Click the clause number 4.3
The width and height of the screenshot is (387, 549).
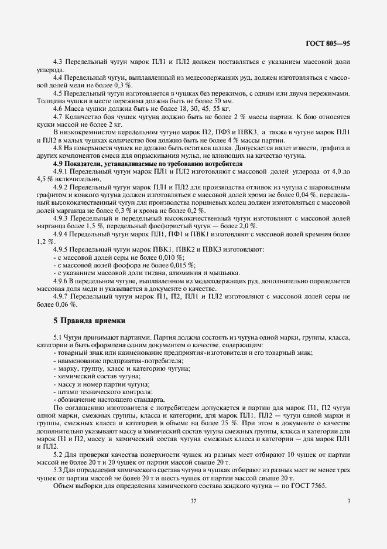(x=59, y=62)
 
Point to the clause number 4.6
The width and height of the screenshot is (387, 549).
(x=59, y=109)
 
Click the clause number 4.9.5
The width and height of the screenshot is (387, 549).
(x=62, y=250)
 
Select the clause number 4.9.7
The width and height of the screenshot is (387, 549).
(x=62, y=297)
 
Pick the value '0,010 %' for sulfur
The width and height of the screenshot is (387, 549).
(x=168, y=257)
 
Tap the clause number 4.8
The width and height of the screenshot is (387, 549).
(x=59, y=148)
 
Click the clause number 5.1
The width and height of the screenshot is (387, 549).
(x=59, y=338)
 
